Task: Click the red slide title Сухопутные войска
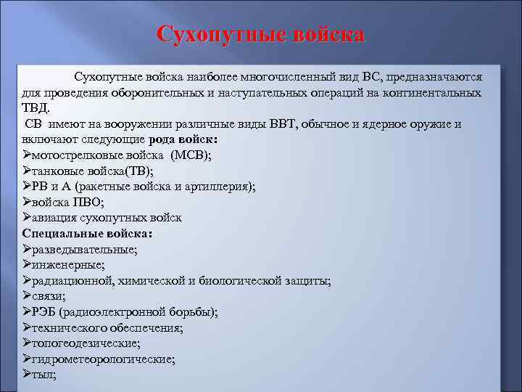[x=261, y=35]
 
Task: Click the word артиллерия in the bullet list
[x=218, y=187]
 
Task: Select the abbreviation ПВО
[x=89, y=203]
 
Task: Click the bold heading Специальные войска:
[x=87, y=234]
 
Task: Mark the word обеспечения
[x=145, y=328]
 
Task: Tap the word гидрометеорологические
[x=98, y=359]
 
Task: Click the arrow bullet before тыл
[x=27, y=375]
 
